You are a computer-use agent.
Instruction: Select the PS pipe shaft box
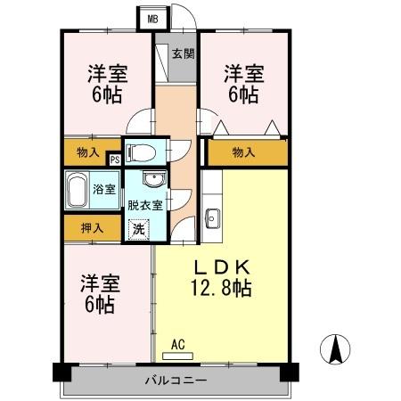[x=114, y=160]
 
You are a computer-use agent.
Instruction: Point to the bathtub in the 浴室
[x=78, y=189]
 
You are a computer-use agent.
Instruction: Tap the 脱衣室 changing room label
[x=144, y=205]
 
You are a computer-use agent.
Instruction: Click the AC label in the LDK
[x=177, y=342]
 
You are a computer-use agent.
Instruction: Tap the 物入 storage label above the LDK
[x=243, y=152]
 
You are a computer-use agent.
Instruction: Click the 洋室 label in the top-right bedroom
[x=243, y=72]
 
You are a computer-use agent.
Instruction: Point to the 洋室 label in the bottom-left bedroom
[x=99, y=283]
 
